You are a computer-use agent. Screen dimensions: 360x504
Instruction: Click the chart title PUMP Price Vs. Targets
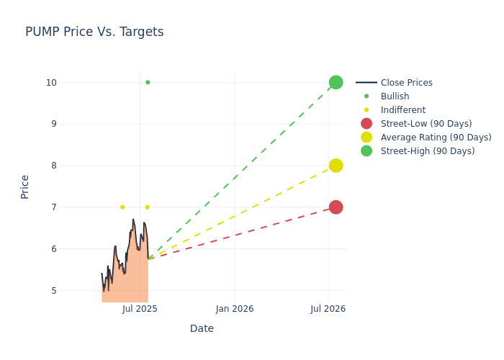click(94, 32)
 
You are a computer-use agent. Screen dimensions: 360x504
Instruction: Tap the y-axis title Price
click(25, 186)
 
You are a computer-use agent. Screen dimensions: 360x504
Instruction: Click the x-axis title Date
click(202, 328)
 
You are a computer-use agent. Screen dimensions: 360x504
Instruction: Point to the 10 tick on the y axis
click(51, 82)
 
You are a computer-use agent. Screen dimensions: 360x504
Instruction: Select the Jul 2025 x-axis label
click(140, 309)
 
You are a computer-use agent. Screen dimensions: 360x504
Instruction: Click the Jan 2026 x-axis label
click(235, 309)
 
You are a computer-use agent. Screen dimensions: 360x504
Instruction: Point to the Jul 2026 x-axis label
click(328, 309)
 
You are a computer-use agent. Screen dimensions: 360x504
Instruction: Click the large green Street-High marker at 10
click(336, 82)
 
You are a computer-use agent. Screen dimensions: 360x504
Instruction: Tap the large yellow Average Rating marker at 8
click(336, 166)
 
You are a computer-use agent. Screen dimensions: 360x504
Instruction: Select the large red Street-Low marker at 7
click(336, 207)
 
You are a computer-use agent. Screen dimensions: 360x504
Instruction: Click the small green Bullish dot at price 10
click(148, 82)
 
